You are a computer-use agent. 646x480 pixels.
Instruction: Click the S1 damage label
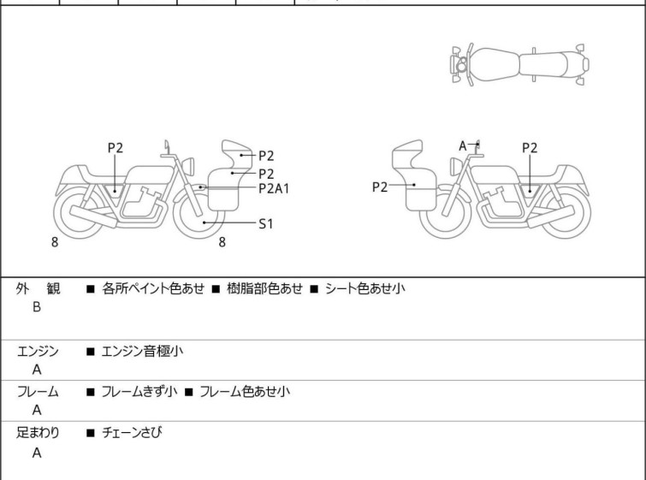point(266,223)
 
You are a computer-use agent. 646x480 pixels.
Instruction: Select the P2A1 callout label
point(274,188)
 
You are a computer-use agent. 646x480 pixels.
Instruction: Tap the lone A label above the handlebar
point(463,145)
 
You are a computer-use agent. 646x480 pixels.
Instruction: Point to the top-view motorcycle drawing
point(520,63)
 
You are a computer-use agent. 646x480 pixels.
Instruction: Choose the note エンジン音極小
point(142,351)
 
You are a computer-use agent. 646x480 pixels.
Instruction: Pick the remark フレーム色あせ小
point(245,392)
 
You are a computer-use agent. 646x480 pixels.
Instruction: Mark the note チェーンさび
point(132,433)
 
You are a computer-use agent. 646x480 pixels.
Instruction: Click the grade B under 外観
point(37,307)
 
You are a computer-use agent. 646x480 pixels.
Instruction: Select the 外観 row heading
point(39,289)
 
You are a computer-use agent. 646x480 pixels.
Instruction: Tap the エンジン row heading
point(39,351)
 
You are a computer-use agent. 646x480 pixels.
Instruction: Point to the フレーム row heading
point(39,392)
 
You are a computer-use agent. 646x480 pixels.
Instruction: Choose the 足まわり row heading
point(39,433)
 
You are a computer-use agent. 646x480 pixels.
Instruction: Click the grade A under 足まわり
point(37,453)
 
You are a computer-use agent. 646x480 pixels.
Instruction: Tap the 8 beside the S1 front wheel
point(222,242)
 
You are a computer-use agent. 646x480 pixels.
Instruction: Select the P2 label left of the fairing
point(381,187)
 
